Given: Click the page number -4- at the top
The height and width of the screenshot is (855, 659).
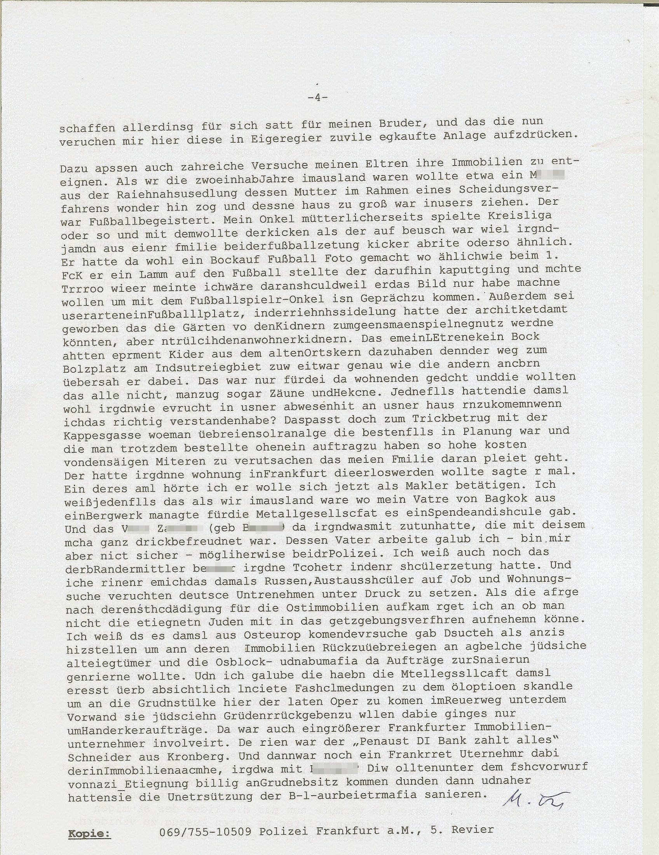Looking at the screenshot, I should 317,98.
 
